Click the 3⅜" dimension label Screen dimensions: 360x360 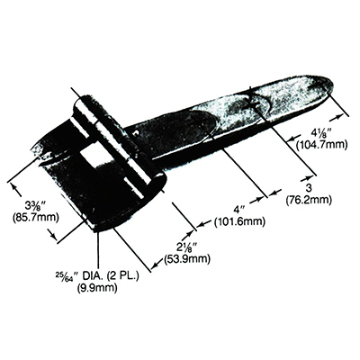click(35, 207)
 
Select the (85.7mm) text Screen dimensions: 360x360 click(35, 217)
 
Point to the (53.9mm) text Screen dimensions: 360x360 click(186, 258)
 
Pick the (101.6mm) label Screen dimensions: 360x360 click(239, 221)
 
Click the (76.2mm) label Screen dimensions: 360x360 click(309, 199)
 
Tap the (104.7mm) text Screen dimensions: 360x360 click(321, 145)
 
